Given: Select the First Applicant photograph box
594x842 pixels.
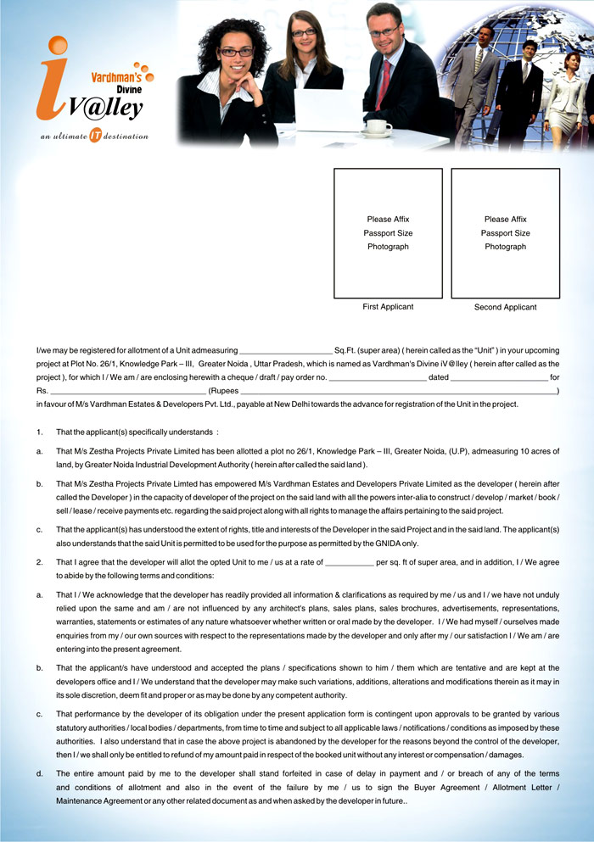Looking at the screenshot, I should pos(388,232).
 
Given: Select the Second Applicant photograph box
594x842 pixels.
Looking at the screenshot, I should pos(505,232).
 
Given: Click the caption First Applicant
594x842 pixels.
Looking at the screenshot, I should pos(388,307).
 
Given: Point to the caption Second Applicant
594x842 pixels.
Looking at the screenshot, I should pos(505,307).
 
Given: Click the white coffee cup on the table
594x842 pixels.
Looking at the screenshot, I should pos(378,127).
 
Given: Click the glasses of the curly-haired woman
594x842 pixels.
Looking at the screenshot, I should pos(236,52).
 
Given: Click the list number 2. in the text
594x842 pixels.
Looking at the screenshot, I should pos(40,562).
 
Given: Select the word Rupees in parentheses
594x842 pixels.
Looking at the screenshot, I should pos(224,391).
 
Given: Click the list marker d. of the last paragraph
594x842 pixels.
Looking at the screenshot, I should pos(40,774).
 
